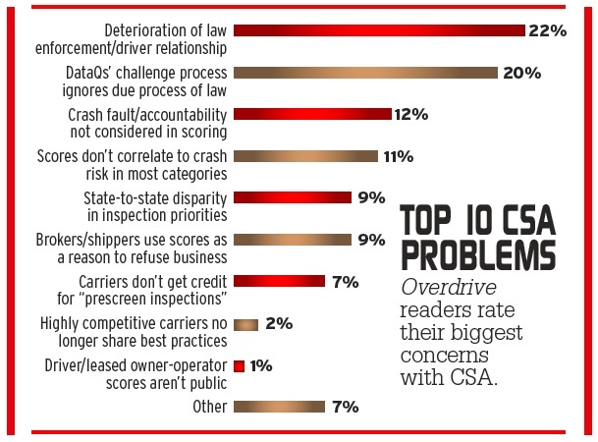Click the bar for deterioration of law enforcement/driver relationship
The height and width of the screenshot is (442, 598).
point(379,30)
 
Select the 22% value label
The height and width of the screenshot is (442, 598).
point(547,30)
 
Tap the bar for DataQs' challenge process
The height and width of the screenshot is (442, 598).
point(365,72)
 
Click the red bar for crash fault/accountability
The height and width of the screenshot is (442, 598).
point(312,114)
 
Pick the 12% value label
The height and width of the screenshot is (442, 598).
point(410,114)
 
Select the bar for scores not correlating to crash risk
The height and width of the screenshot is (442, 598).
point(305,155)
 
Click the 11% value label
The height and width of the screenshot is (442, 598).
point(397,155)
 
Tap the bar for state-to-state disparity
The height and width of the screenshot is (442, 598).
point(293,197)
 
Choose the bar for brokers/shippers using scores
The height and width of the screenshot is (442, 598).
point(293,239)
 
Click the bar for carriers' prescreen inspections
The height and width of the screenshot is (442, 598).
point(279,281)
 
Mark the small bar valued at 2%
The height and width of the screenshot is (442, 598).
point(245,323)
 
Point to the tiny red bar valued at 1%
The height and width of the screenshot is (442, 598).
point(239,365)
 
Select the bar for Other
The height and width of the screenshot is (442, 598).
point(279,406)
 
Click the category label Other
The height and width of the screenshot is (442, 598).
point(209,406)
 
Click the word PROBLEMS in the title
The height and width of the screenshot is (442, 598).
point(476,253)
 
